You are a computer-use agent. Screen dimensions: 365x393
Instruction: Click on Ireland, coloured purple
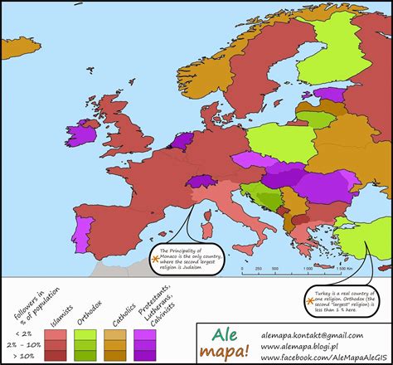84,133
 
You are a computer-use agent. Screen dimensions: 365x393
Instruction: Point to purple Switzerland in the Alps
200,180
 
